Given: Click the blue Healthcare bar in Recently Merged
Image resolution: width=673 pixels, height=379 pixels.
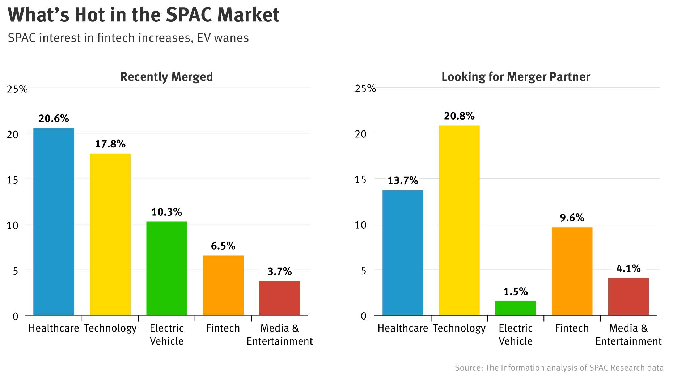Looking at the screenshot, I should click(54, 221).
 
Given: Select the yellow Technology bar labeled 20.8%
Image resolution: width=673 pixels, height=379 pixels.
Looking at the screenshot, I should click(459, 220).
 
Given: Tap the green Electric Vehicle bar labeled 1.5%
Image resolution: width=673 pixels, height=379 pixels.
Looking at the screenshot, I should click(515, 308).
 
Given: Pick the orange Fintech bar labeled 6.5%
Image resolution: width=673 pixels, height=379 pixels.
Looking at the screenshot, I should click(223, 285).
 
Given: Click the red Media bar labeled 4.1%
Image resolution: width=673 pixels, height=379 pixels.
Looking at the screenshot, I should click(628, 296).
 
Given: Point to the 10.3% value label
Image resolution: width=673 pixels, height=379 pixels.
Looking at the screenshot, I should click(166, 212).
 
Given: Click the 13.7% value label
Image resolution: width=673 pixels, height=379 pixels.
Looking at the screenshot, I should click(403, 180).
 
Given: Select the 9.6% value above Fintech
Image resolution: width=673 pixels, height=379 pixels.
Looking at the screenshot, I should click(572, 218).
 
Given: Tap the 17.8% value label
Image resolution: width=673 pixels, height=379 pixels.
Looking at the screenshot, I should click(110, 144).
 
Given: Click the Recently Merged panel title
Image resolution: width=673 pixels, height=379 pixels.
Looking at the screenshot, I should click(166, 77).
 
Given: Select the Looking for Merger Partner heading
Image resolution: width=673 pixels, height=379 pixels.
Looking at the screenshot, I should click(516, 77).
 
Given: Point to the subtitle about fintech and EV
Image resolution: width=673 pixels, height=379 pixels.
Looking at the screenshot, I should click(128, 38).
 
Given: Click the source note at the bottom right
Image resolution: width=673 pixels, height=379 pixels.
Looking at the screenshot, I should click(559, 368).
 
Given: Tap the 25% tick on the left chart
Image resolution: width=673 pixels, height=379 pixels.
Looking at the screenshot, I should click(17, 89).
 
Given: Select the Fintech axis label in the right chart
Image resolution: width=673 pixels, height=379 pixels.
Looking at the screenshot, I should click(572, 328).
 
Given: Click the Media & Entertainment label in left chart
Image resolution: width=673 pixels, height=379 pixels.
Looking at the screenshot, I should click(279, 334).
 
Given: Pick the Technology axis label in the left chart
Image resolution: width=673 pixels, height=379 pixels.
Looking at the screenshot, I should click(110, 328).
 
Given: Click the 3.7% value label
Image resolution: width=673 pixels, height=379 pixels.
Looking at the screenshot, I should click(279, 271).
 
